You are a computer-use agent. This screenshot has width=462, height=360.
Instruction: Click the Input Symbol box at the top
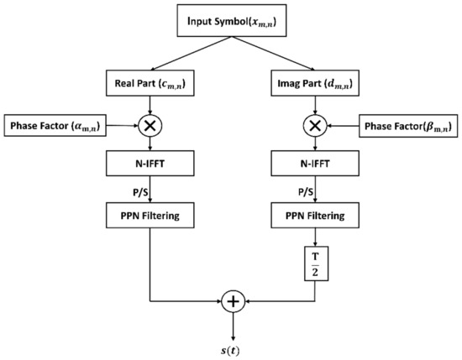point(232,20)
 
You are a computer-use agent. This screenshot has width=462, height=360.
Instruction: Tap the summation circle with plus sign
point(232,300)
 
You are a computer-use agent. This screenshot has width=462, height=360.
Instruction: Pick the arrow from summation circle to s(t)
point(232,323)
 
